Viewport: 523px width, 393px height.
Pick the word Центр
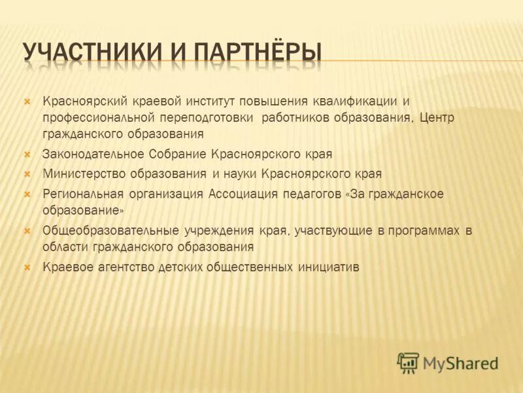tap(437, 117)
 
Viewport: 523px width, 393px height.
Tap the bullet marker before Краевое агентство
tap(27, 267)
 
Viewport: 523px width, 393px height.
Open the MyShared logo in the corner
tap(448, 362)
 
